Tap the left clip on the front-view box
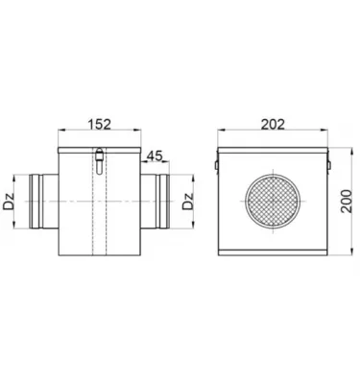click(x=218, y=166)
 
